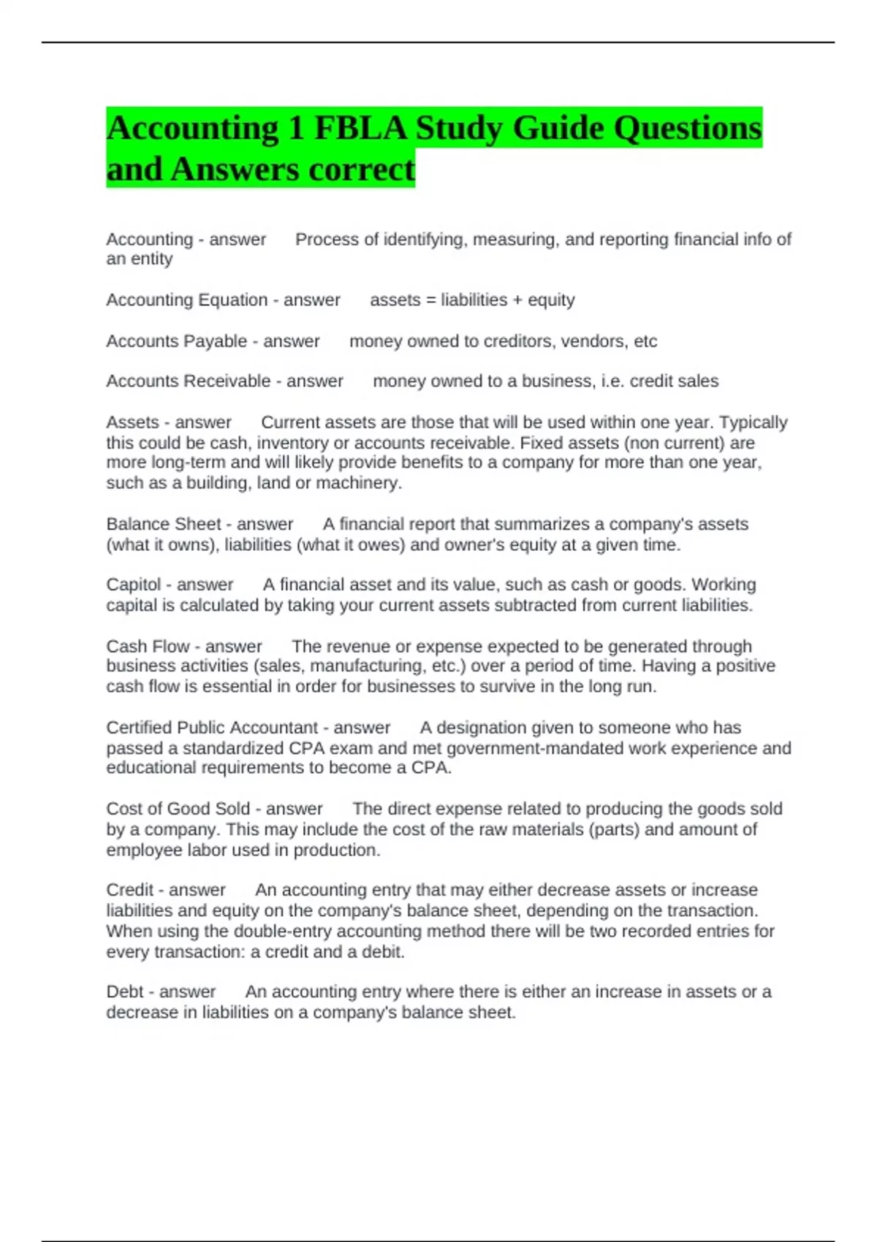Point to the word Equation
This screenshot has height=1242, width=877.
click(233, 300)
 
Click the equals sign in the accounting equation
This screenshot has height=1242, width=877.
click(430, 300)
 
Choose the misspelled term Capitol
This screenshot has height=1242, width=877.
click(134, 584)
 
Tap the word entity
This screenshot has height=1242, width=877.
click(152, 259)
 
